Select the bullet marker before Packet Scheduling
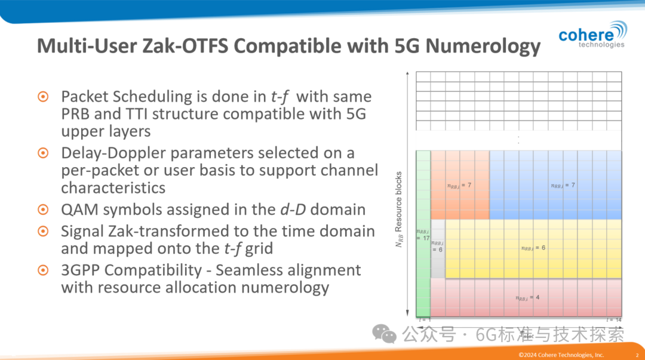(44, 97)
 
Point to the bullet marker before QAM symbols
(44, 210)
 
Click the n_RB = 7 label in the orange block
(459, 185)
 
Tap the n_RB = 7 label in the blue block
(563, 185)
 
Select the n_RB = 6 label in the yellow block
(533, 248)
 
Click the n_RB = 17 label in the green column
(422, 235)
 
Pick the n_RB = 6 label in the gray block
(437, 246)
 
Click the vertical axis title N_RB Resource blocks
(400, 210)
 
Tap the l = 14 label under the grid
(615, 321)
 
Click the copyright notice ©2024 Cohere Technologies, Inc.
(561, 355)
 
